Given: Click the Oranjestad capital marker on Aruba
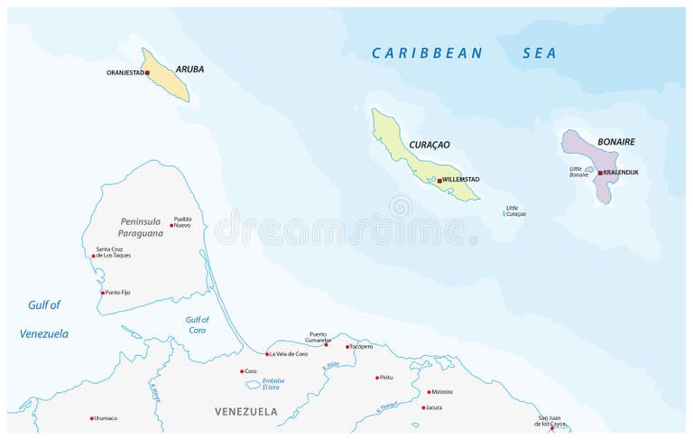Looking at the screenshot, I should click(x=148, y=72).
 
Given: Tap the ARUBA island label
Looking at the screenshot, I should click(x=189, y=69).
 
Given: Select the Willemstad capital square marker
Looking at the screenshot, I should click(x=439, y=181).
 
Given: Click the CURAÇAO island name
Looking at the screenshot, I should click(x=430, y=145).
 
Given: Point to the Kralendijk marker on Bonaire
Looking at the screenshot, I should click(x=600, y=173).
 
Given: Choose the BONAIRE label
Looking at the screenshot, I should click(x=615, y=142).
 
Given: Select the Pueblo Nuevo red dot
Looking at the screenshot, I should click(x=171, y=225).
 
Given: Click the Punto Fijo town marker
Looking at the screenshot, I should click(x=103, y=293).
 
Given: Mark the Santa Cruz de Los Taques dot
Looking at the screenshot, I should click(x=93, y=256).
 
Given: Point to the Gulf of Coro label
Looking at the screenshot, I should click(x=197, y=324).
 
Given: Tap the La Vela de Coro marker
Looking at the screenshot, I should click(x=266, y=354).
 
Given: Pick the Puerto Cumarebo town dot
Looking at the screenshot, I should click(x=326, y=344).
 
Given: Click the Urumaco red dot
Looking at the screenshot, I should click(x=91, y=418).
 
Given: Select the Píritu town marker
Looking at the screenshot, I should click(x=377, y=378).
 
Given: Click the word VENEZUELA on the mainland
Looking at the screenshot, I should click(x=245, y=411).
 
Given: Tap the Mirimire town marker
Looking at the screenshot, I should click(x=429, y=392).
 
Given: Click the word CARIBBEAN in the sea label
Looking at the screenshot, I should click(x=427, y=53).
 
